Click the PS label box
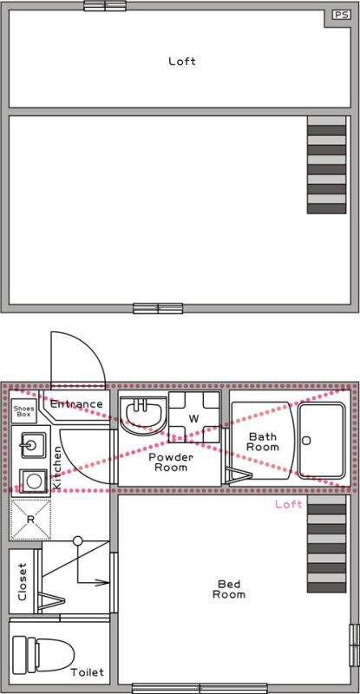pos(341,15)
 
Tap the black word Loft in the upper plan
pos(182,61)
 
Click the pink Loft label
pos(289,504)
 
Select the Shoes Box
pos(24,411)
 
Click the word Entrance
pos(76,404)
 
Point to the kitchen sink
pos(32,445)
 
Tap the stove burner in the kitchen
pos(33,481)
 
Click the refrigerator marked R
pos(30,520)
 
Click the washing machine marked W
pos(194,417)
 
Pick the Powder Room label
pos(171,462)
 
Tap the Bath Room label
pos(263,442)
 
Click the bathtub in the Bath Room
pos(321,441)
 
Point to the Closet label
pos(23,581)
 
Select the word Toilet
pos(88,673)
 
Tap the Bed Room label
pos(229,589)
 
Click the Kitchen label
pos(57,468)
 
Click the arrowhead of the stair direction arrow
pos(104,582)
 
